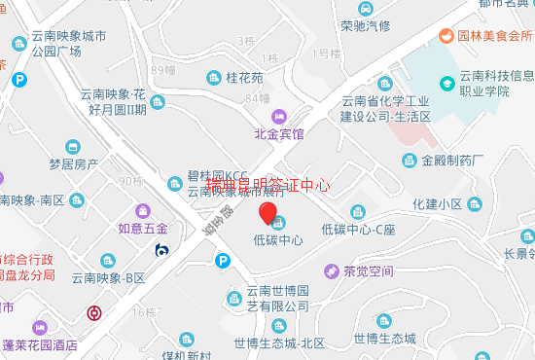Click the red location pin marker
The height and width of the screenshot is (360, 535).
267,215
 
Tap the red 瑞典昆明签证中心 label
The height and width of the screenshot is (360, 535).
268,183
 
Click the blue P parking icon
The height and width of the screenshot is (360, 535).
224,261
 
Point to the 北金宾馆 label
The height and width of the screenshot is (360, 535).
279,133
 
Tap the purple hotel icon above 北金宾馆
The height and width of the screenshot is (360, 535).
279,116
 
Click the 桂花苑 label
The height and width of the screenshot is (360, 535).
244,77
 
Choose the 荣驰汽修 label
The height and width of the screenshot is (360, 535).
365,25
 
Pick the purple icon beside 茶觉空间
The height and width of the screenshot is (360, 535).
331,271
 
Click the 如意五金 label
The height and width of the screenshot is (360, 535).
143,229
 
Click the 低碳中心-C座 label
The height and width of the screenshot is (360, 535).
358,230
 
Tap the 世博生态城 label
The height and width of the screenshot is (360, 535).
384,338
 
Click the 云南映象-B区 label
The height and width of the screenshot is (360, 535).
107,278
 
